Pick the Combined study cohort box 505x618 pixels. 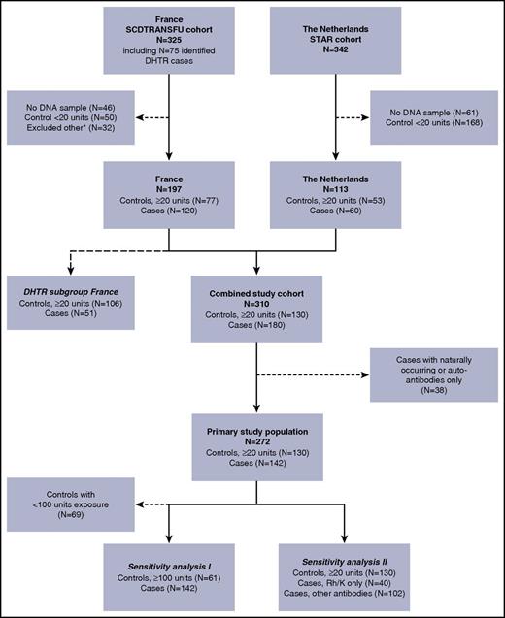point(256,307)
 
